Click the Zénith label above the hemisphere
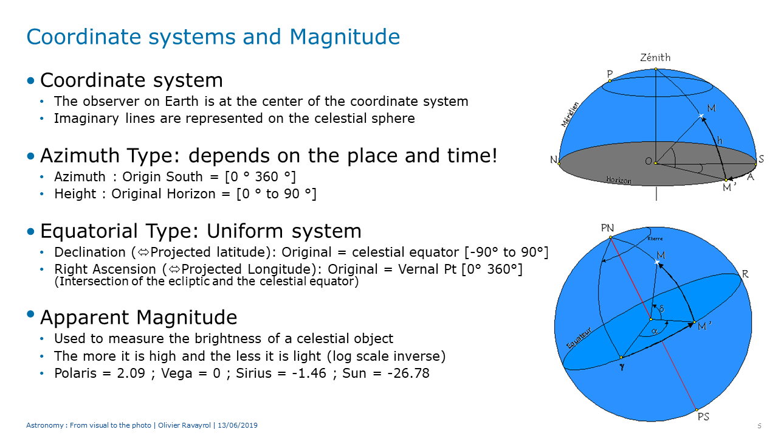[655, 57]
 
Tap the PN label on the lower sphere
[607, 228]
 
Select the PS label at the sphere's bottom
[703, 417]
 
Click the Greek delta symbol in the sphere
[661, 308]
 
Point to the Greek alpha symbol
[655, 332]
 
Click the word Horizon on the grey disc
[619, 180]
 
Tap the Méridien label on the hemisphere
[570, 114]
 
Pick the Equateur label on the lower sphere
[579, 338]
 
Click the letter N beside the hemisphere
[554, 159]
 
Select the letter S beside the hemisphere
[761, 159]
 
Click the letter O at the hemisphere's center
[648, 161]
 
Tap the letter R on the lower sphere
[745, 274]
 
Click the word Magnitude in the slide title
[345, 37]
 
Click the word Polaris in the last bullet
[75, 373]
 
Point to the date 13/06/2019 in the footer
[238, 425]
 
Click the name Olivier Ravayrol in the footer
[184, 425]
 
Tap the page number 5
[760, 426]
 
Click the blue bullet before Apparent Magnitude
[30, 315]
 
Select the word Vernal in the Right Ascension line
[421, 269]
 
